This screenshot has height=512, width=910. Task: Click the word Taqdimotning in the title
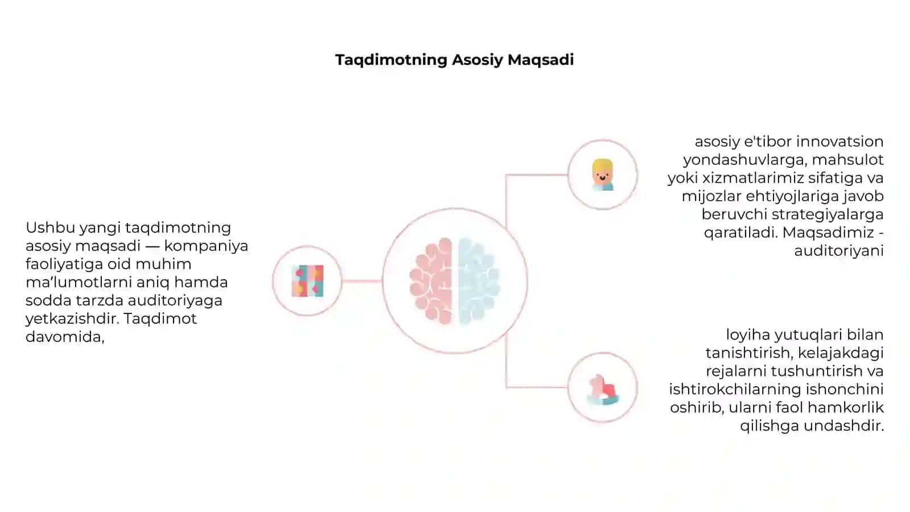coord(391,60)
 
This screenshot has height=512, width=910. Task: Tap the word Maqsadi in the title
coord(541,60)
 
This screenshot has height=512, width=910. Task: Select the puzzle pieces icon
coord(308,281)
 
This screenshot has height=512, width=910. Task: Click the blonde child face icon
coord(602,175)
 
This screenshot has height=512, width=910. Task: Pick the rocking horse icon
coord(603,389)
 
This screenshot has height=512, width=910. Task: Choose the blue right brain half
coord(479,281)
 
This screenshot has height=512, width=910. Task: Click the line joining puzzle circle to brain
coord(362,281)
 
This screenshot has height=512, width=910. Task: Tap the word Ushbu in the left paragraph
coord(51,228)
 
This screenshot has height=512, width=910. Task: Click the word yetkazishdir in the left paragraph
coord(72,319)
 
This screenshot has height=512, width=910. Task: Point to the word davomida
coord(65,337)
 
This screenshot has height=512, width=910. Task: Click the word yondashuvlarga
coord(744,160)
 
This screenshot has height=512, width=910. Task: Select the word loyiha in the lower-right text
coord(748,335)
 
